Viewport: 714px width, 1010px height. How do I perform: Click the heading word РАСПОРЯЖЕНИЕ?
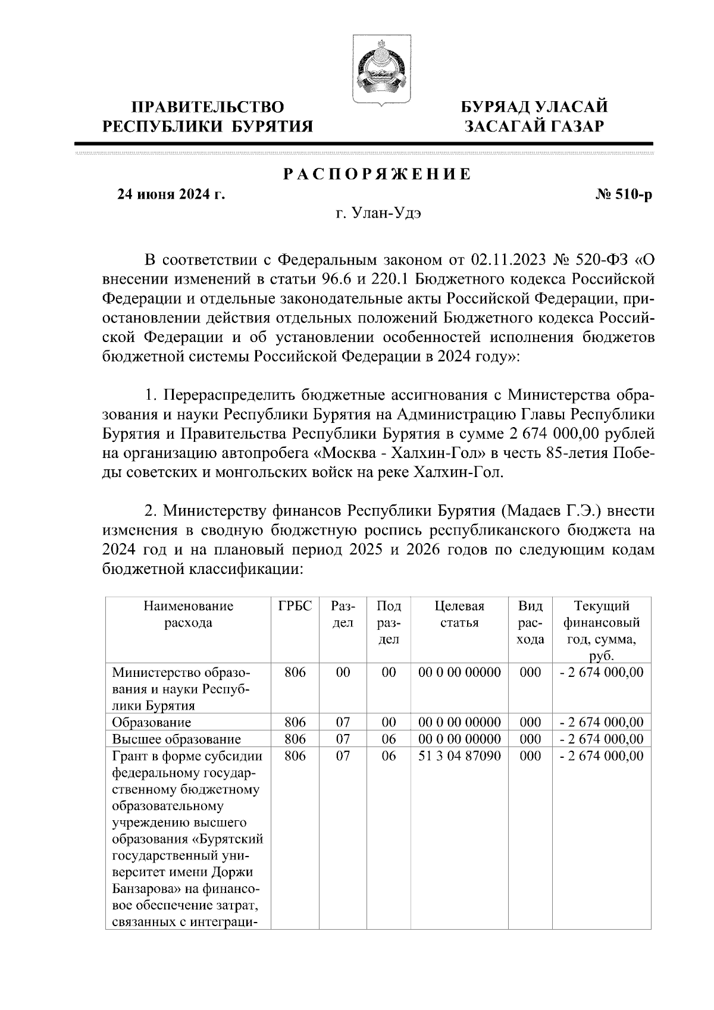(x=377, y=174)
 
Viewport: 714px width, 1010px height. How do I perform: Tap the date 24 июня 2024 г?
(x=171, y=194)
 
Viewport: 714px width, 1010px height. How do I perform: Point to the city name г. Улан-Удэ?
(x=377, y=214)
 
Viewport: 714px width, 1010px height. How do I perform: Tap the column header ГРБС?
(x=295, y=607)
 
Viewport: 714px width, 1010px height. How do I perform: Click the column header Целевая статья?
(x=459, y=615)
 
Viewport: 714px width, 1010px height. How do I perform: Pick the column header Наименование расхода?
(x=188, y=615)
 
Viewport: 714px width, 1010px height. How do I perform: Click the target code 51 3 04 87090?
(x=459, y=756)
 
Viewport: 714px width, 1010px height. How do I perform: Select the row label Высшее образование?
(x=176, y=739)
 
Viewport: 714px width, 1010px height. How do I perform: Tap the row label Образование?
(x=152, y=723)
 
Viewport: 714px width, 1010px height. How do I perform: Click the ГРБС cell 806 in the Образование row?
(x=295, y=723)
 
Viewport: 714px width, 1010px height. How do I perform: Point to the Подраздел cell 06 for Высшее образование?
(x=389, y=739)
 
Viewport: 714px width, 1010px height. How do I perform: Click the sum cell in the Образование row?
(x=602, y=723)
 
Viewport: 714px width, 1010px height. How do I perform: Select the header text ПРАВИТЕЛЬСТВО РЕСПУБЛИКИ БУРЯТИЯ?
(x=208, y=116)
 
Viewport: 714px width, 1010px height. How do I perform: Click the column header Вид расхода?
(x=530, y=623)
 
